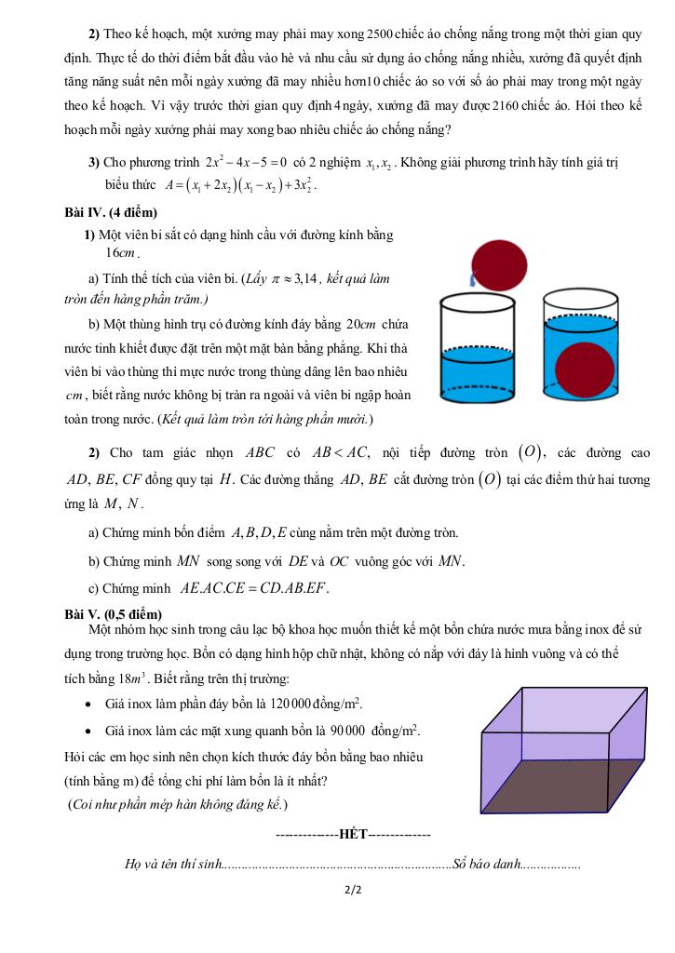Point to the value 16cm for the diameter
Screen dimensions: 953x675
(121, 252)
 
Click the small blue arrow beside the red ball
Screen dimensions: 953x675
(472, 277)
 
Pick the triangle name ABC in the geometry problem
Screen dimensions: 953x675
(260, 454)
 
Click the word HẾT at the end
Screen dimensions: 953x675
(354, 833)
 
